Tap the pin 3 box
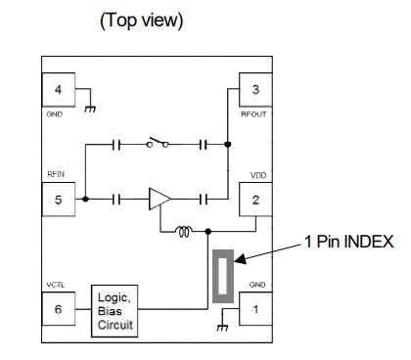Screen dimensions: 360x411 click(x=255, y=91)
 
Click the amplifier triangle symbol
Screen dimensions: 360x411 click(x=160, y=199)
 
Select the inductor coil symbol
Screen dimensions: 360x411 click(x=183, y=232)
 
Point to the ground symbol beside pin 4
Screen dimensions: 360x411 click(x=90, y=107)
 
